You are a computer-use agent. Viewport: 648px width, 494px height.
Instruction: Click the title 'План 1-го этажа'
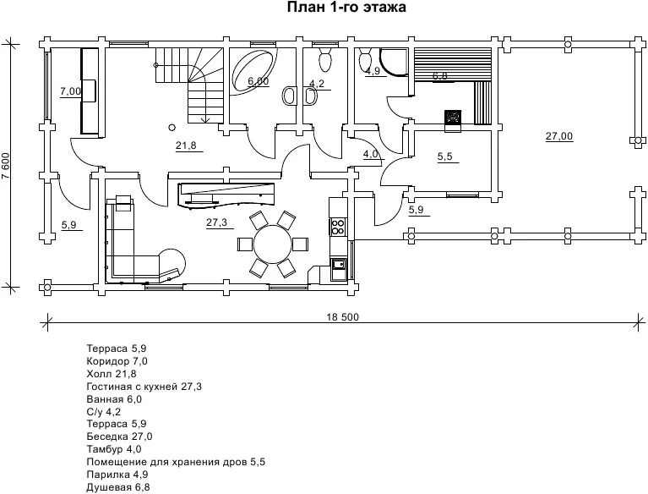click(x=346, y=7)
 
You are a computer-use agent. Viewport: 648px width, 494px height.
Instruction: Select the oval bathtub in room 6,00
click(x=254, y=71)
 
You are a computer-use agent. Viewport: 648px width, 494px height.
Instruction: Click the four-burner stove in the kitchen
click(x=338, y=227)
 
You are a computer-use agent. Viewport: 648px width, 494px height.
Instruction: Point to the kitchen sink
click(x=339, y=264)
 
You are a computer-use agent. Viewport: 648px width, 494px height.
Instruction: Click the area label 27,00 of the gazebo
click(x=559, y=136)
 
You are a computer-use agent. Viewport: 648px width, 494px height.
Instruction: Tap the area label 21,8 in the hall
click(x=186, y=145)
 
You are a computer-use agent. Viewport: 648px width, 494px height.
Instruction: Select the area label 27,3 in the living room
click(x=217, y=222)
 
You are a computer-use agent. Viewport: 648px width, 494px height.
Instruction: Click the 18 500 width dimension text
click(x=343, y=317)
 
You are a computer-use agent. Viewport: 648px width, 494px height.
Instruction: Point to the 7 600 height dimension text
click(x=5, y=167)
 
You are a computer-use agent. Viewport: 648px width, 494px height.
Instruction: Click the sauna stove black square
click(x=453, y=117)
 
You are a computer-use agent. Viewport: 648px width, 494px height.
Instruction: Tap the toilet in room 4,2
click(x=324, y=58)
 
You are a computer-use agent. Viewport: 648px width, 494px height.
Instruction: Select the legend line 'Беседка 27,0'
click(x=119, y=436)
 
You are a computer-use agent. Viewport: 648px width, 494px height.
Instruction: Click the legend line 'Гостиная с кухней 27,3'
click(x=144, y=387)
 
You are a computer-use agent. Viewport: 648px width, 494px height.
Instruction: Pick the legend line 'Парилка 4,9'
click(x=117, y=475)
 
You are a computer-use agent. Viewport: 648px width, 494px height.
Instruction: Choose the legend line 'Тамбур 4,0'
click(x=114, y=449)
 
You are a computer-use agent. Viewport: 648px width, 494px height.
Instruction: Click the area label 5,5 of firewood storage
click(x=445, y=156)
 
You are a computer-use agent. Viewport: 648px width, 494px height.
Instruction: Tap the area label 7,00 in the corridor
click(x=71, y=91)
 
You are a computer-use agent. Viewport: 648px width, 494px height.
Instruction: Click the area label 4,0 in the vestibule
click(x=371, y=154)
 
